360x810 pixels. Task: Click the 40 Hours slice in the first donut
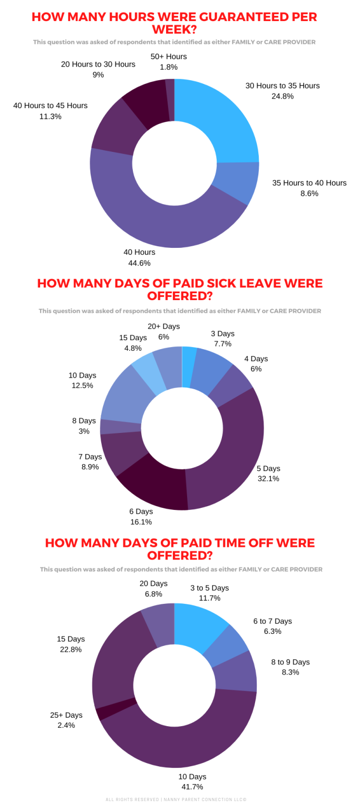click(x=158, y=221)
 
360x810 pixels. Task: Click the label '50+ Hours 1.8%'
click(x=169, y=62)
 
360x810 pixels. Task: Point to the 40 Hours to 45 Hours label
click(x=51, y=111)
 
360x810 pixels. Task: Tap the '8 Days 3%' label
click(x=84, y=426)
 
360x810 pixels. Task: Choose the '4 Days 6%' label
click(x=256, y=364)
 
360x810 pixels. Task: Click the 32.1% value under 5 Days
click(x=268, y=479)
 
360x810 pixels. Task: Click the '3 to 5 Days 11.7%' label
click(x=209, y=593)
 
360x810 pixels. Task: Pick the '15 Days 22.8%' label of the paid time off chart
click(x=71, y=644)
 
